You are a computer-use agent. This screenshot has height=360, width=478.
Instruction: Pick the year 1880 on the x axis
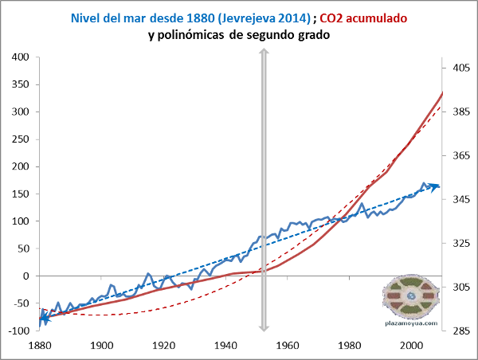click(39, 346)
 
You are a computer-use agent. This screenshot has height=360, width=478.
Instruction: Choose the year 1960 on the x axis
click(288, 346)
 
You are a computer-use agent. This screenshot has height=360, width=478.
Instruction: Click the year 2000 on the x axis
click(412, 346)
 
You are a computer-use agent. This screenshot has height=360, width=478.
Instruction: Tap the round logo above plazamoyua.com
click(411, 294)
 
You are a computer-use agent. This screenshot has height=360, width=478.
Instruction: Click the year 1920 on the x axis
click(163, 346)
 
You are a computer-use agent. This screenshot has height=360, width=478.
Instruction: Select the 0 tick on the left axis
click(25, 276)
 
